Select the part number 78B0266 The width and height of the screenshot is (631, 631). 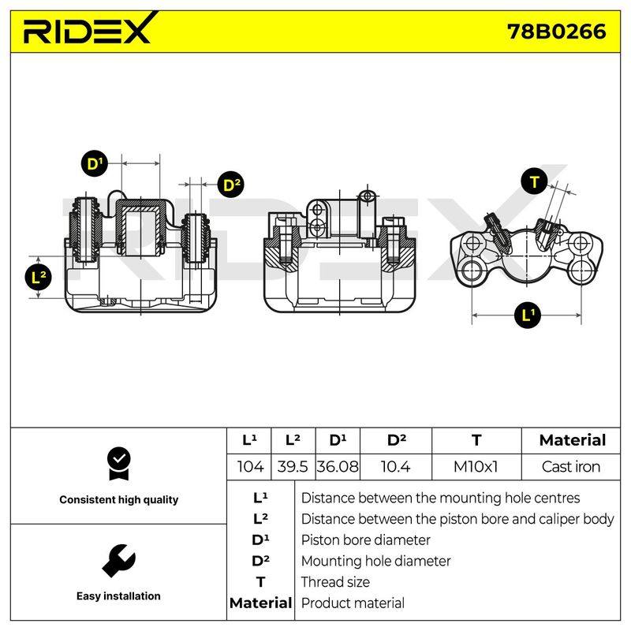pos(556,32)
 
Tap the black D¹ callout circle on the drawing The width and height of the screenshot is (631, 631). pos(95,163)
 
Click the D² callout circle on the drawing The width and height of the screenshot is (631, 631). pos(231,185)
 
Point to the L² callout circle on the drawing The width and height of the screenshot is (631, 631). pos(39,277)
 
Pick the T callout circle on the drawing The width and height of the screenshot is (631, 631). pos(534,182)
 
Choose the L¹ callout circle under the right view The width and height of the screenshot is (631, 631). pos(528,315)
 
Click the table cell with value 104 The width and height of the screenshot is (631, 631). pos(250,467)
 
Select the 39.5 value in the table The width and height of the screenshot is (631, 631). pos(293,467)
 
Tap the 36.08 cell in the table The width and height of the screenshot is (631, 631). pos(338,467)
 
